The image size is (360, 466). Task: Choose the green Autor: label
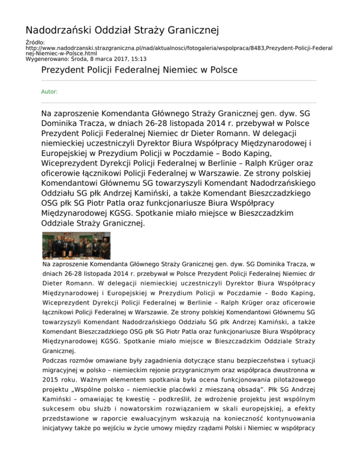(49, 92)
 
